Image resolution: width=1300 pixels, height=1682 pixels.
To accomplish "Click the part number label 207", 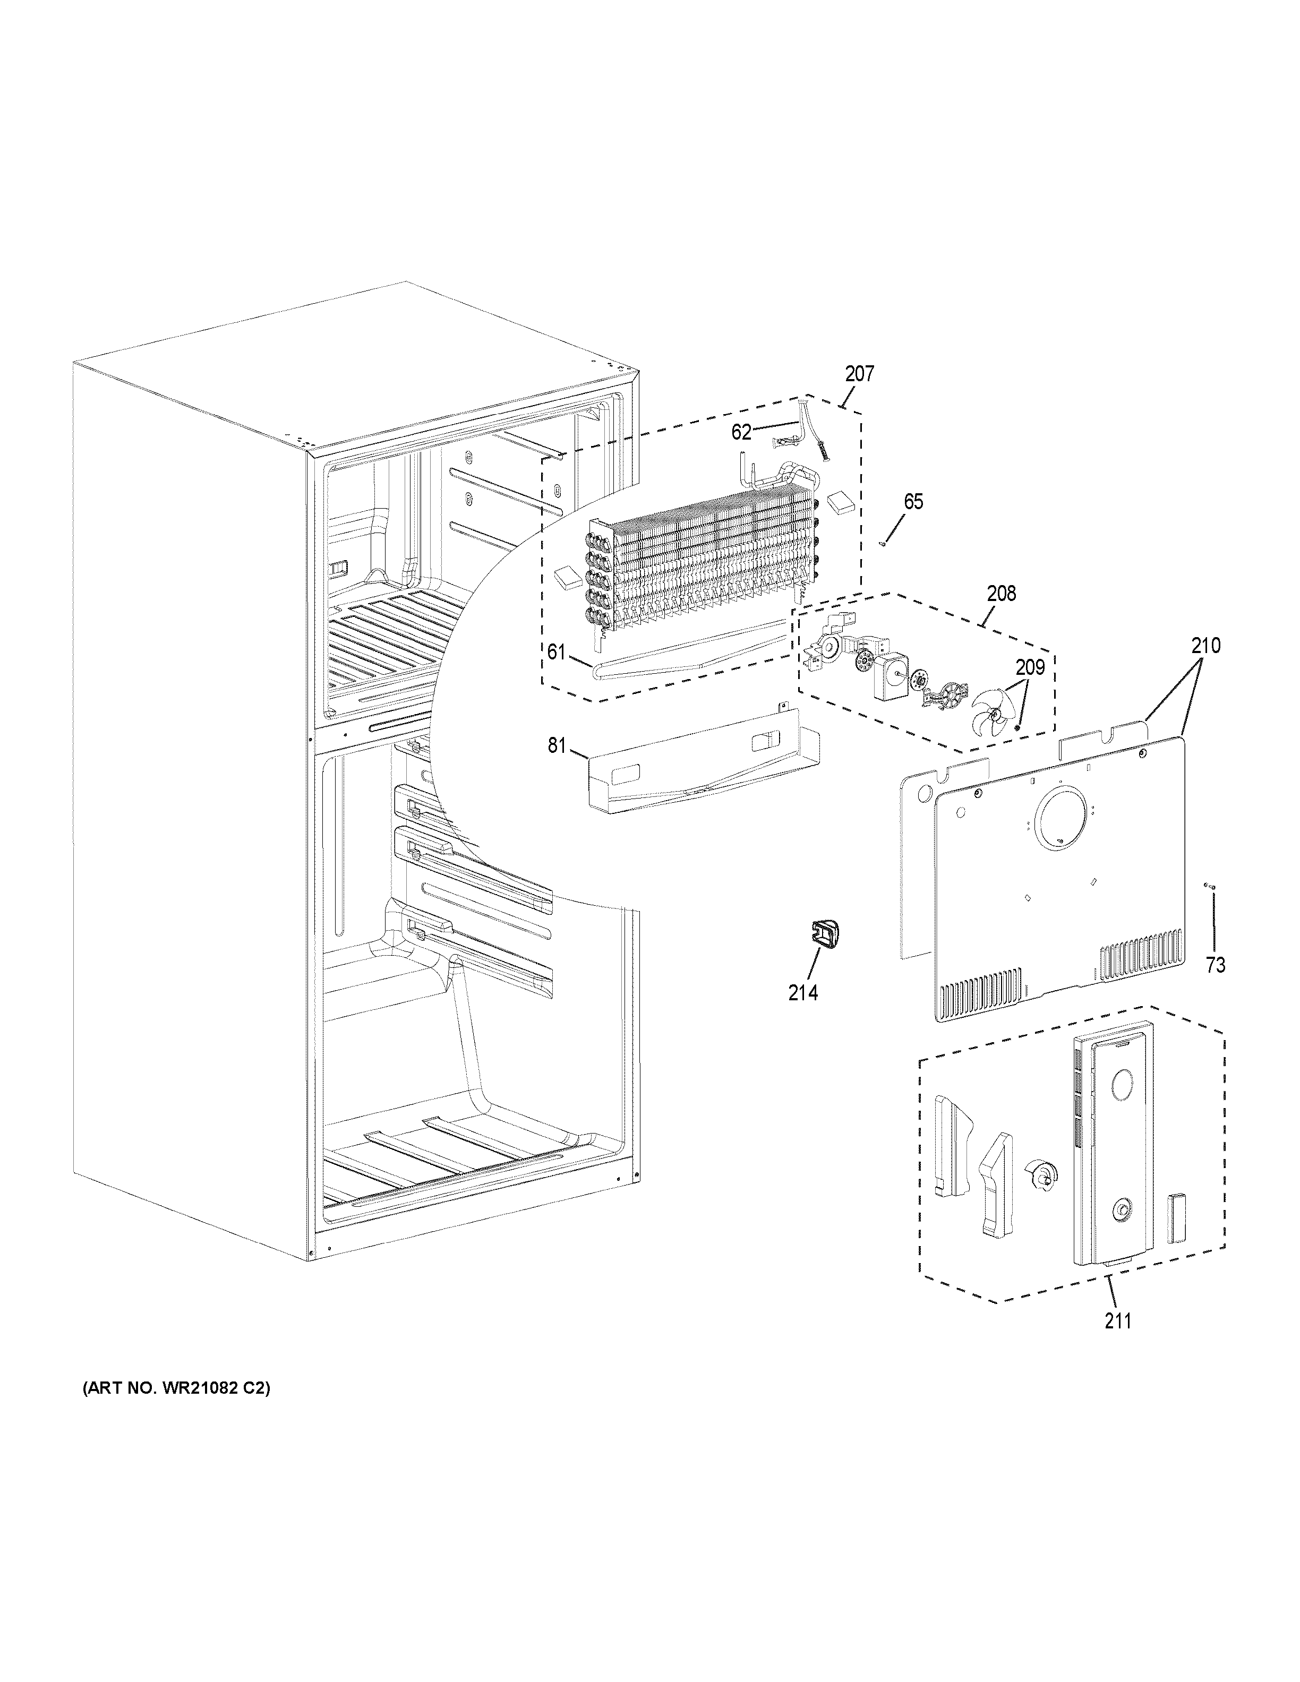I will click(x=859, y=374).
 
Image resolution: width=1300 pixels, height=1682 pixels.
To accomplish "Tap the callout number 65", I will click(x=913, y=502).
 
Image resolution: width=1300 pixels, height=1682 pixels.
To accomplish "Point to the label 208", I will click(x=1000, y=594).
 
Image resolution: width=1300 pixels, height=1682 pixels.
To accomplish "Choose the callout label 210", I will click(x=1205, y=646).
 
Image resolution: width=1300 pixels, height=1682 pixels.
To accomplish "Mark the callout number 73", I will click(x=1215, y=964).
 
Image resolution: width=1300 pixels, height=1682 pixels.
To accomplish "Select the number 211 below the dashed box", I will click(x=1117, y=1321).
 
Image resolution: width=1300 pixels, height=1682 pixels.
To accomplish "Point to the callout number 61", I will click(x=556, y=653).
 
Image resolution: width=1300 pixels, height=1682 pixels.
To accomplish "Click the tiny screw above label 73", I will click(x=1209, y=887).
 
